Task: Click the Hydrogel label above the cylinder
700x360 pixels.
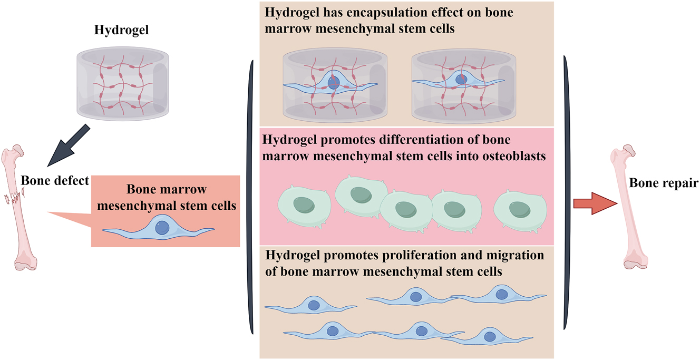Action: point(121,30)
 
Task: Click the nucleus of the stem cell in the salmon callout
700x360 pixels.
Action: point(162,228)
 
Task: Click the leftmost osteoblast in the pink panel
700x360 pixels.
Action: point(304,206)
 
